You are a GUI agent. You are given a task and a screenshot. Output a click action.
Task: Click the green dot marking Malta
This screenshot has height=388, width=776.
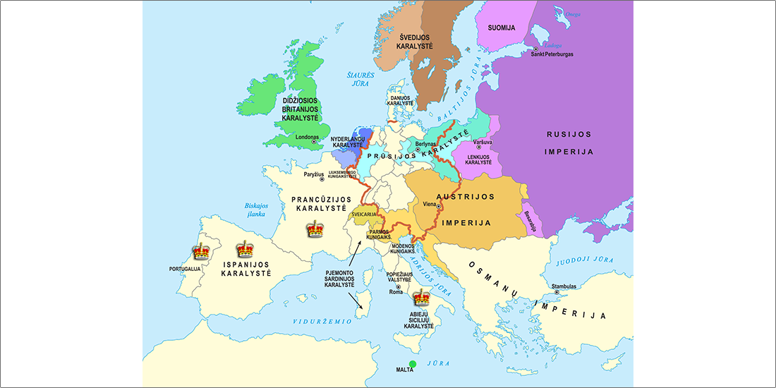click(x=413, y=364)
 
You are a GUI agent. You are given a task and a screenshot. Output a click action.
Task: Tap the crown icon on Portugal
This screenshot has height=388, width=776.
click(x=202, y=251)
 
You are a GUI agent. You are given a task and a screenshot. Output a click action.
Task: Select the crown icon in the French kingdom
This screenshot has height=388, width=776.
click(x=314, y=229)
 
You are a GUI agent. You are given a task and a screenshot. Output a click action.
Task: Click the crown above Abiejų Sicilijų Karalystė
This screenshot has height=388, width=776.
click(x=421, y=297)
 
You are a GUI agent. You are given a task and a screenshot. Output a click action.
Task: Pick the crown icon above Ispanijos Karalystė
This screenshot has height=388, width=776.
click(x=245, y=248)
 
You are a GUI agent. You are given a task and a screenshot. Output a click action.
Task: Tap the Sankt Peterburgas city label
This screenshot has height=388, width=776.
click(x=556, y=54)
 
